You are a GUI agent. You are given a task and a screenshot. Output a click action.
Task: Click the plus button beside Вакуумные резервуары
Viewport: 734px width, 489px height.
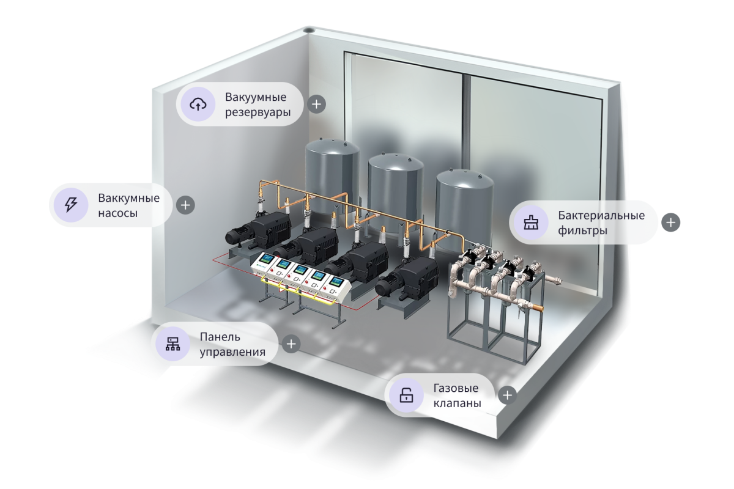pyautogui.click(x=316, y=104)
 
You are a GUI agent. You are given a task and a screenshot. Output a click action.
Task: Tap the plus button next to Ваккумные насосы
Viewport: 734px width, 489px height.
pyautogui.click(x=185, y=205)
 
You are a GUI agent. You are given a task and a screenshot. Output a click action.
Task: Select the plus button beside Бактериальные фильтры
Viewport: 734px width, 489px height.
pyautogui.click(x=671, y=222)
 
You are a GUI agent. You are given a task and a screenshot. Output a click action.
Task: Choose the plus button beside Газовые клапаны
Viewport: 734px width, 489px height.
pyautogui.click(x=506, y=395)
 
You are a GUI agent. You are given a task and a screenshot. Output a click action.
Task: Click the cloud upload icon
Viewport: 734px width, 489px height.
pyautogui.click(x=198, y=104)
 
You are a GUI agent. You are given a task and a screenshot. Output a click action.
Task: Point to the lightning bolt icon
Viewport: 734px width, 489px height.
pyautogui.click(x=70, y=205)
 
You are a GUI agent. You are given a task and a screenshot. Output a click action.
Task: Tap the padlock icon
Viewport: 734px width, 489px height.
pyautogui.click(x=406, y=395)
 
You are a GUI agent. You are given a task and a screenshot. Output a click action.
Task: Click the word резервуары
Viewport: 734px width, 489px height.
pyautogui.click(x=257, y=113)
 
